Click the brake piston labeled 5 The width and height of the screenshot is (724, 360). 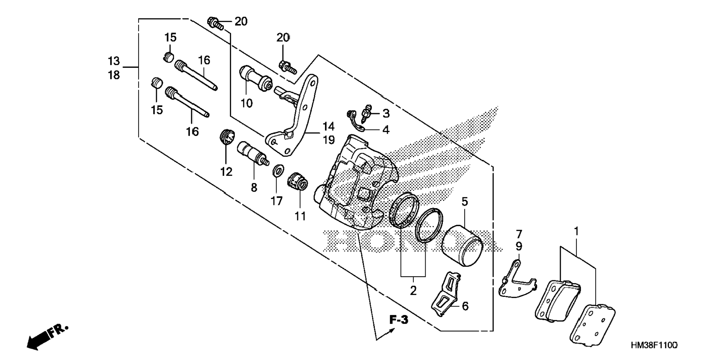click(x=462, y=245)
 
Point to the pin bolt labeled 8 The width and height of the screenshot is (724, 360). click(x=253, y=153)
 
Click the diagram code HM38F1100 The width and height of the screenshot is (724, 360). click(x=654, y=345)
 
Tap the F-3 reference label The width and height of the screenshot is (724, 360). click(x=399, y=320)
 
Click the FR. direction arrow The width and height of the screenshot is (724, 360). click(x=47, y=337)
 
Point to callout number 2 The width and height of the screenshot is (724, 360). click(x=413, y=290)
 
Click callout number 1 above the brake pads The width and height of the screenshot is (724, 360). click(x=577, y=231)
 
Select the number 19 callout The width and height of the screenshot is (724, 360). click(x=329, y=140)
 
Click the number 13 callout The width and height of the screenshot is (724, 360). click(x=114, y=61)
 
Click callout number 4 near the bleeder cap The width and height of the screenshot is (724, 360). click(x=386, y=130)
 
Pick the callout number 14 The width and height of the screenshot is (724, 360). click(x=329, y=126)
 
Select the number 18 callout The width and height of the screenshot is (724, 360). click(x=114, y=75)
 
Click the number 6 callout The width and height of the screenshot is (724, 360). click(x=465, y=306)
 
